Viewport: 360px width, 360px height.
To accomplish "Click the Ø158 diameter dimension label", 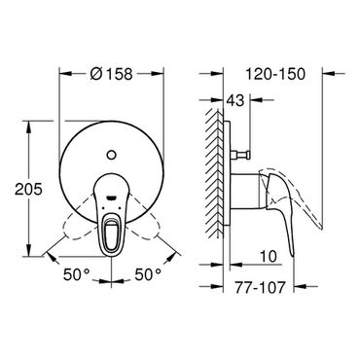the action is (111, 74).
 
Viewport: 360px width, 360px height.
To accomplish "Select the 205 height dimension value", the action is (28, 189).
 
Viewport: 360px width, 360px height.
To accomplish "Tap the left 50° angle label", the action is (77, 275).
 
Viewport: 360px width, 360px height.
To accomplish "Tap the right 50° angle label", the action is (148, 275).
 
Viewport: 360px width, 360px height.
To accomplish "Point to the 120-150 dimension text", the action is (275, 74).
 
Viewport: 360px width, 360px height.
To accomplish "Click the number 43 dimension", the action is (234, 100).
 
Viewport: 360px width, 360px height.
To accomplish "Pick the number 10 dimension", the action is (269, 257).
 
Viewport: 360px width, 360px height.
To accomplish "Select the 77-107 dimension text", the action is (260, 287).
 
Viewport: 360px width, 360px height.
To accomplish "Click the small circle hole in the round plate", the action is (111, 155).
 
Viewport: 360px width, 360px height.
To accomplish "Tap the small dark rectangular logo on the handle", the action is (111, 198).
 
